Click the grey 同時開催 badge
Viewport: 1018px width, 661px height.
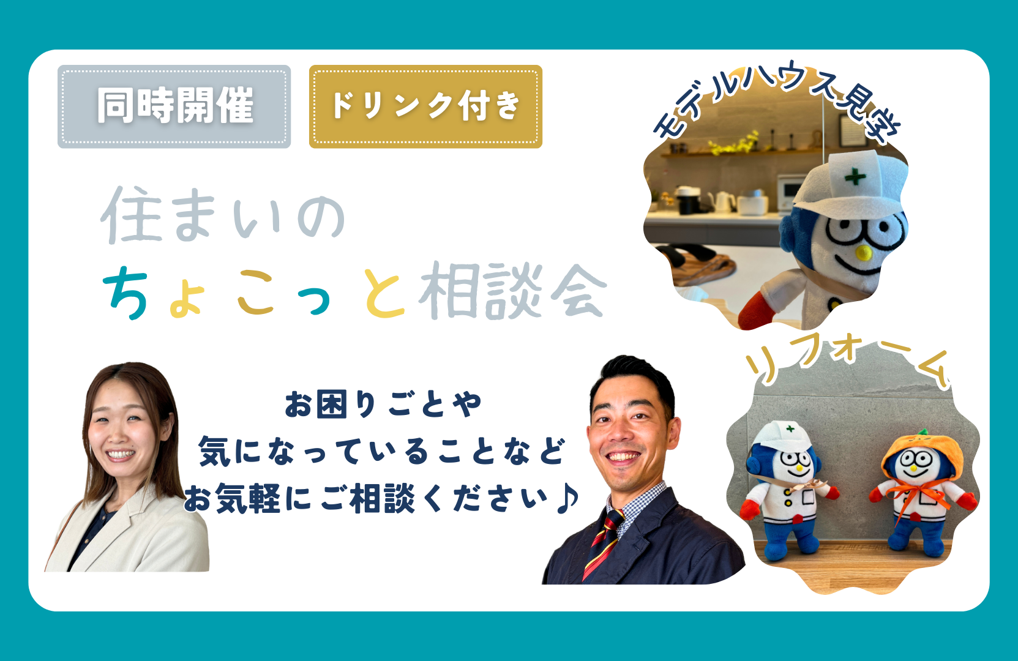tap(174, 106)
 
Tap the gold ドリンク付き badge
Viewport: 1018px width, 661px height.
tap(425, 106)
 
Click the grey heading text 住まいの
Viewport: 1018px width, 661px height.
tap(223, 215)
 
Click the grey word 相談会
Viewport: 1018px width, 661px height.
tap(513, 291)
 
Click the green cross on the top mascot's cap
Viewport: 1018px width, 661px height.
tap(855, 177)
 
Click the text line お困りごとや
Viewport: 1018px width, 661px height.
tap(383, 405)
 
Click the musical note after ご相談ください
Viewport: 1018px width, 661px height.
tap(567, 498)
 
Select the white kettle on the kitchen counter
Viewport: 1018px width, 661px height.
tap(724, 201)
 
